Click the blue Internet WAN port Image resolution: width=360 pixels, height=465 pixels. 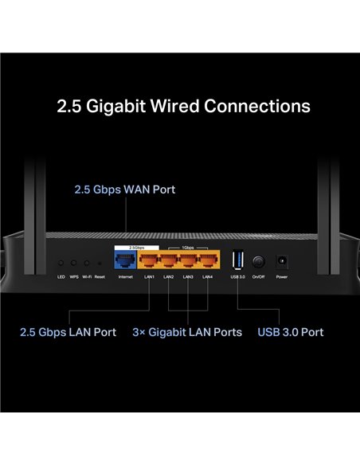point(126,260)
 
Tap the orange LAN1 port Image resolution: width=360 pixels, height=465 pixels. point(149,260)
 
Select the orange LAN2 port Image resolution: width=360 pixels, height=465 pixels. point(168,260)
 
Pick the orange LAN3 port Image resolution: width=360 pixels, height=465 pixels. point(188,260)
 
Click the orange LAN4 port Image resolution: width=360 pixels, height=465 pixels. point(207,260)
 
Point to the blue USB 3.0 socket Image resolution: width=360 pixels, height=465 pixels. point(236,260)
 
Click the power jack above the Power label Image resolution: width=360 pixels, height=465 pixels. point(281,260)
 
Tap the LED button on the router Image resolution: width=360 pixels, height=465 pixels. point(61,263)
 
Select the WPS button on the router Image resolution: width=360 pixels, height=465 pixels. point(73,263)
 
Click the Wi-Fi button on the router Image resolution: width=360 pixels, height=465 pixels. point(86,263)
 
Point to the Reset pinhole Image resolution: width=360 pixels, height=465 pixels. point(99,263)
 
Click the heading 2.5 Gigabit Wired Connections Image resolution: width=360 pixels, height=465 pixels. point(183,106)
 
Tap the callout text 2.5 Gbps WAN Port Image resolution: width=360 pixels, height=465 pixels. point(124,190)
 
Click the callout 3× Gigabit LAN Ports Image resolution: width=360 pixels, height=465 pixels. point(187,331)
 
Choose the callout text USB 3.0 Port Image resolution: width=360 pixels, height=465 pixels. point(291,331)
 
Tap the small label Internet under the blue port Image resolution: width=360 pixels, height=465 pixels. point(126,276)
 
